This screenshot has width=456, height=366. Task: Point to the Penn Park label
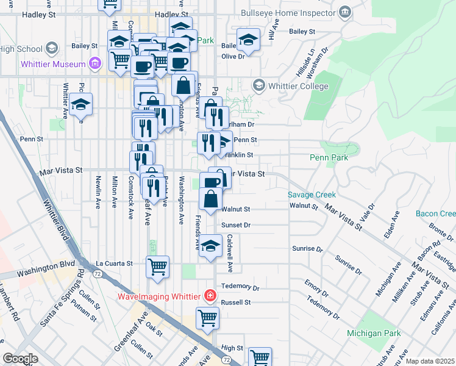click(329, 157)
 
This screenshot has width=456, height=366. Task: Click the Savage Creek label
click(312, 195)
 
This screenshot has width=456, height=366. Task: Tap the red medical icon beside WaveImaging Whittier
click(210, 296)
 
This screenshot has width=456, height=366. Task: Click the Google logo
click(20, 359)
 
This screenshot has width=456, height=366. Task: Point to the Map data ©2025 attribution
click(430, 361)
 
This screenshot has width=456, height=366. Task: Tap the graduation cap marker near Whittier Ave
click(80, 105)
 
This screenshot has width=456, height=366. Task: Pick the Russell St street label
click(236, 302)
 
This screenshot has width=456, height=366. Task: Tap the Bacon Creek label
click(436, 213)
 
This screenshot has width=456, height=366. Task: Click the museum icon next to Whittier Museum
click(94, 63)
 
